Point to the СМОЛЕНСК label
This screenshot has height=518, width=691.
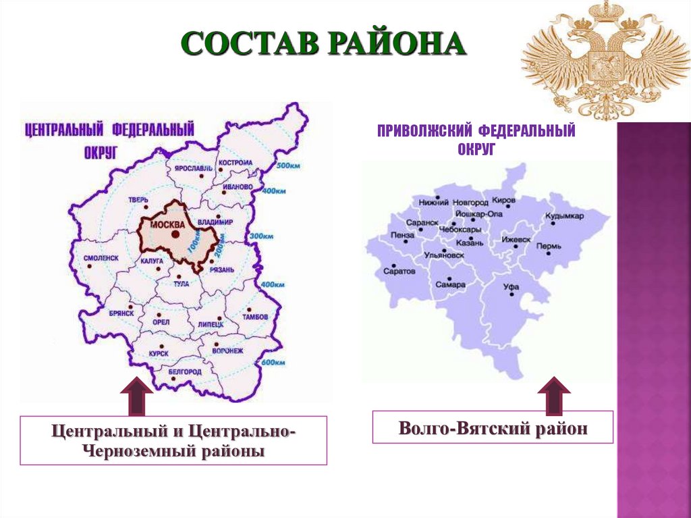(x=101, y=258)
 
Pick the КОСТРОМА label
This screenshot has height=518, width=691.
(x=236, y=163)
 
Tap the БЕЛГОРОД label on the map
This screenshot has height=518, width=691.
(x=184, y=372)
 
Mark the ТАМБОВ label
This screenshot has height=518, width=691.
(x=254, y=317)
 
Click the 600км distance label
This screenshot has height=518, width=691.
(x=273, y=363)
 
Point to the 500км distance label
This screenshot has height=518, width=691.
(x=288, y=166)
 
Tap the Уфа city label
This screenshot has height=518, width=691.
(x=511, y=286)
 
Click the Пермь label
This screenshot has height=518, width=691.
(x=549, y=246)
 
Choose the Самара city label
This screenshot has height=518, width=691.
(x=450, y=284)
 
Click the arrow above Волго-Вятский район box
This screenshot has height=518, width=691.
(x=554, y=395)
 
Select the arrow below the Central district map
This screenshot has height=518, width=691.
(x=136, y=398)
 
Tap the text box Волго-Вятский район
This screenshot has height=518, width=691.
(x=493, y=428)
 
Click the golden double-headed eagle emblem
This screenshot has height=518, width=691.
(x=606, y=59)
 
